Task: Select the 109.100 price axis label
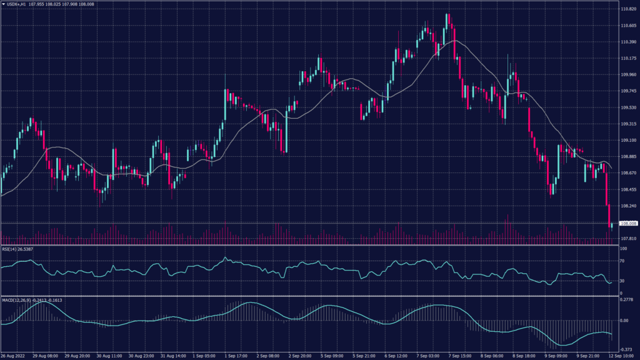coord(627,140)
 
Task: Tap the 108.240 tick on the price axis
coord(627,206)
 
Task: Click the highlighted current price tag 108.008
coord(627,223)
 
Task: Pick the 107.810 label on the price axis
coord(627,239)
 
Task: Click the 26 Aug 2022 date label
coord(13,356)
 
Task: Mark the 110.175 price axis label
coord(627,59)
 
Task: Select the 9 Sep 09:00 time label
coord(555,356)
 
